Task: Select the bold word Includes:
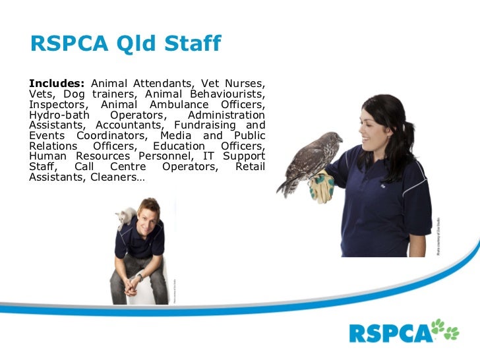click(x=57, y=84)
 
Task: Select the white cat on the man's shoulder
click(x=125, y=218)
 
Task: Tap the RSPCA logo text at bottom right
click(x=388, y=332)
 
